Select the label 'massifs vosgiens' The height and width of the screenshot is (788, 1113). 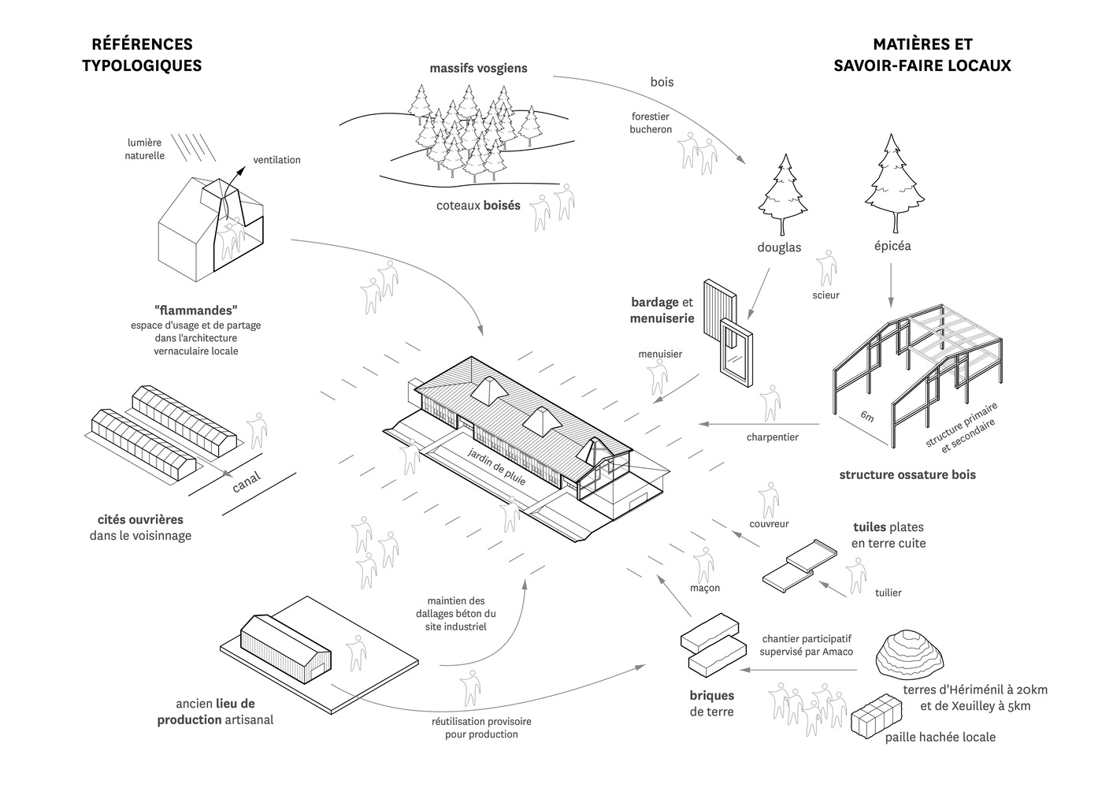pos(478,69)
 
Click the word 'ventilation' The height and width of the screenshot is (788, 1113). pos(276,160)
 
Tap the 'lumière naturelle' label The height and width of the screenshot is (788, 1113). pos(144,149)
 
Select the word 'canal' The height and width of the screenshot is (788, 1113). pos(247,481)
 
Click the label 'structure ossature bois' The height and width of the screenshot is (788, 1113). pos(907,474)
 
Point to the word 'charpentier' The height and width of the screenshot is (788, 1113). pos(772,437)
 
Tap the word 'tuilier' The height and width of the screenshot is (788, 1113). pos(888,593)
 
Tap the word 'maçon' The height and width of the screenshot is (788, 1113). pos(704,588)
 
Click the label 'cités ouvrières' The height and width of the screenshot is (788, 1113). pos(140,520)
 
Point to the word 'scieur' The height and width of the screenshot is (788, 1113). pos(825,295)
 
